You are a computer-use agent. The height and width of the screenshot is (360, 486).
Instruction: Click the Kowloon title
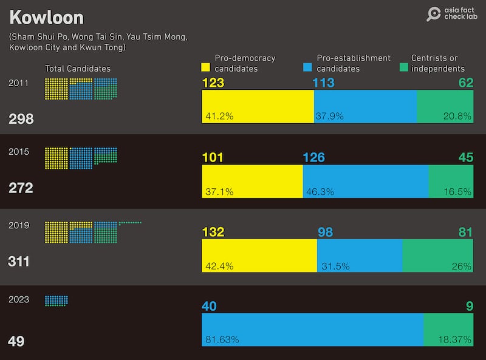[x=46, y=17]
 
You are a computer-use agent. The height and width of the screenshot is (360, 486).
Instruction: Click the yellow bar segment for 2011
[x=258, y=106]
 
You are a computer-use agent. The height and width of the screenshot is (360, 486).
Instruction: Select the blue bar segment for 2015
[x=366, y=181]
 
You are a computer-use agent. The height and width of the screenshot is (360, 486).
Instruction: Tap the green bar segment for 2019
[x=437, y=255]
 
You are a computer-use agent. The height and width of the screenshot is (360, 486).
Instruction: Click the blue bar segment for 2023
[x=312, y=330]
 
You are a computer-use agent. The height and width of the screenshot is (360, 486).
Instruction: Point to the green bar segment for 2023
[x=448, y=330]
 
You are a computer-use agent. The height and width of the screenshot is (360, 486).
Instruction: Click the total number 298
[x=21, y=120]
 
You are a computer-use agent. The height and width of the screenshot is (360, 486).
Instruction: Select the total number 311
[x=19, y=262]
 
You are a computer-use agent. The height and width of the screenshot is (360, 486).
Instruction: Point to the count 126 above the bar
[x=314, y=158]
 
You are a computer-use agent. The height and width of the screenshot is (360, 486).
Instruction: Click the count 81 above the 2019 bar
[x=465, y=232]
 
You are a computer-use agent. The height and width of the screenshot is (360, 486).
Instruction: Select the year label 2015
[x=19, y=152]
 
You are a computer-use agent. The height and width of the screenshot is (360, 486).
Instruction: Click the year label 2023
[x=19, y=299]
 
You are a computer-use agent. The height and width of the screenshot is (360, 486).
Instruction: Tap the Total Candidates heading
[x=78, y=69]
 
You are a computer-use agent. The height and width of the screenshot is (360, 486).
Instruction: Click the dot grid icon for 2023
[x=56, y=301]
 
